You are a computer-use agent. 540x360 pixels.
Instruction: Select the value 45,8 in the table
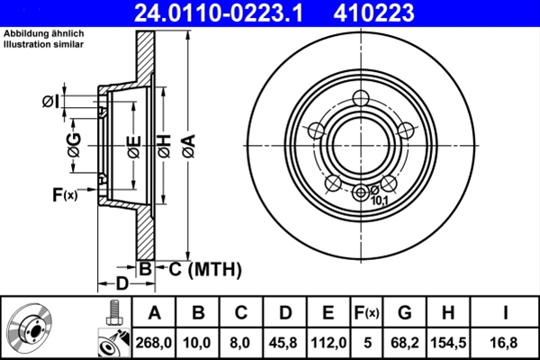(285, 342)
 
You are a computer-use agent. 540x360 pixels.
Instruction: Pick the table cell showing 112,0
(328, 342)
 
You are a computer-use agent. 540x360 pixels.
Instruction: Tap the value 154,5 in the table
(447, 342)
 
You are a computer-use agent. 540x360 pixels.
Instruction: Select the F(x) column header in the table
(366, 314)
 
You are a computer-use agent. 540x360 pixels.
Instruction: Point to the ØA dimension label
(187, 141)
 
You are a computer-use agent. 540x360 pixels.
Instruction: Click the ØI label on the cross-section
(51, 101)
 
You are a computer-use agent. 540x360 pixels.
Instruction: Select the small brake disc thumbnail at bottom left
(31, 328)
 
